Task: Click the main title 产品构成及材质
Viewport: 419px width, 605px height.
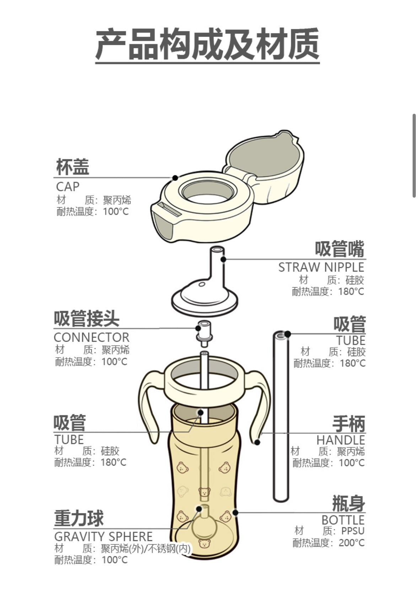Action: click(207, 44)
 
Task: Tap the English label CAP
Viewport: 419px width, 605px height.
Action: click(68, 187)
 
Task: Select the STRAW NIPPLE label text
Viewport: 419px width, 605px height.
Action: click(321, 267)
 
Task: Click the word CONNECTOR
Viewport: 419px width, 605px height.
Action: click(92, 337)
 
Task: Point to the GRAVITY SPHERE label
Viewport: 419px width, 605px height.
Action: click(103, 536)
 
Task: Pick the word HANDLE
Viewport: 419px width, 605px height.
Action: click(340, 440)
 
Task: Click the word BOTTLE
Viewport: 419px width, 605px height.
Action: click(343, 520)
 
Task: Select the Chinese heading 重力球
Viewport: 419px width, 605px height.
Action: click(79, 518)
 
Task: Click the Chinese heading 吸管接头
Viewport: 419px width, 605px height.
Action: click(86, 318)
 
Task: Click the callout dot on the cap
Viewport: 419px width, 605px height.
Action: click(175, 177)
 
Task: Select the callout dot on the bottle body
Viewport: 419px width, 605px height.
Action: click(235, 512)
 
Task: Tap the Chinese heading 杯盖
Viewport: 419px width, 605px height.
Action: click(72, 167)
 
